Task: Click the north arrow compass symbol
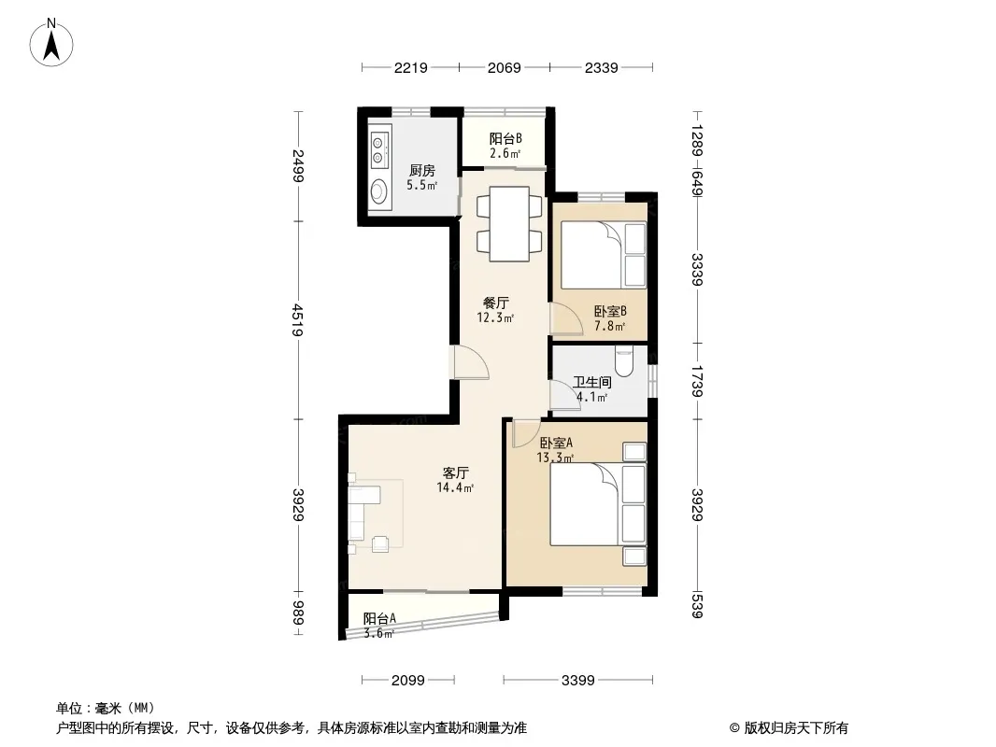click(51, 43)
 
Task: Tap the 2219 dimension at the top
click(410, 67)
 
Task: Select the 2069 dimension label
click(505, 67)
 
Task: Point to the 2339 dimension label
click(601, 67)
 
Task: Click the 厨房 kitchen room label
click(421, 170)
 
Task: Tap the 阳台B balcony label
click(505, 138)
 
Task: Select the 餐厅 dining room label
click(495, 303)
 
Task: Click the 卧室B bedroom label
click(610, 311)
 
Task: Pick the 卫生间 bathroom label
click(592, 382)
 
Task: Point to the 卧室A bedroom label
click(556, 443)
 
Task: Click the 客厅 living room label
click(455, 472)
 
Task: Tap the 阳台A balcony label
click(380, 618)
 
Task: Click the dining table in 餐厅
click(509, 224)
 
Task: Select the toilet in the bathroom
click(624, 360)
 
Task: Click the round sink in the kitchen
click(379, 190)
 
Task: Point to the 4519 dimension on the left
click(298, 320)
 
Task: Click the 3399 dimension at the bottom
click(578, 681)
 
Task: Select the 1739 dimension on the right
click(697, 381)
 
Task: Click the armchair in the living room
click(380, 543)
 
